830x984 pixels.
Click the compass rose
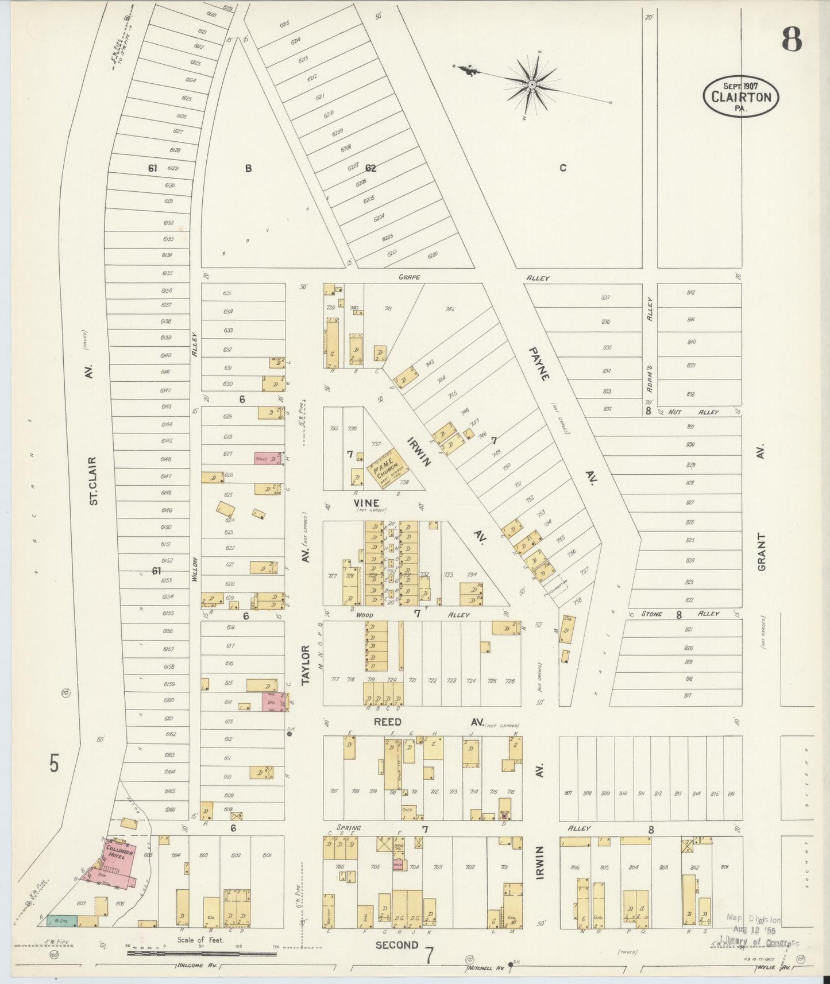[532, 85]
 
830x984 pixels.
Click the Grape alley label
[410, 277]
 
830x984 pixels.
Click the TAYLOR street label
[306, 664]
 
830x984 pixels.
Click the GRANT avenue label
[762, 552]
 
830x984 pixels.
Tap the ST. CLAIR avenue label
[94, 481]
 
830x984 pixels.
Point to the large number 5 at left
[54, 764]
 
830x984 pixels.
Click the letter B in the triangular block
[248, 168]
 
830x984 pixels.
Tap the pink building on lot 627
[268, 459]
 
